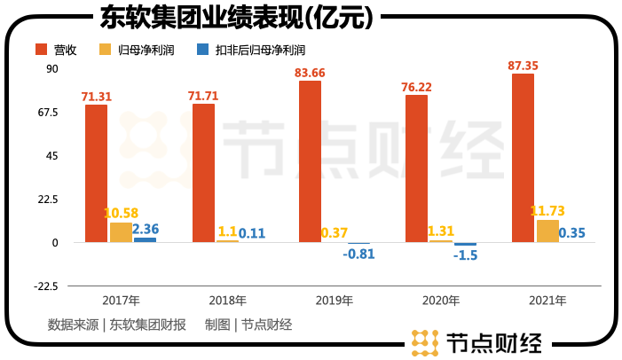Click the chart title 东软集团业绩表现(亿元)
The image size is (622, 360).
click(x=232, y=17)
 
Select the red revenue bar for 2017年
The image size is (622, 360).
click(x=96, y=173)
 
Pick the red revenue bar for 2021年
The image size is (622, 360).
click(x=523, y=158)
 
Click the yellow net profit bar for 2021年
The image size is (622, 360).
click(x=548, y=231)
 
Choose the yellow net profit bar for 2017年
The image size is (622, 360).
click(x=121, y=232)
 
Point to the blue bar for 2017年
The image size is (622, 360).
click(x=145, y=239)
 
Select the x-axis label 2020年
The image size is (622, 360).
click(x=441, y=301)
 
